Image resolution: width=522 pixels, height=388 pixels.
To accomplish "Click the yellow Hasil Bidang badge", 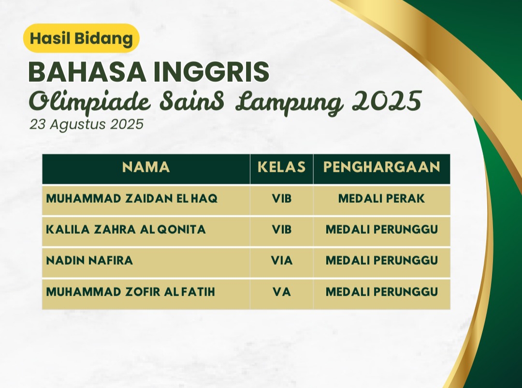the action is (x=81, y=38).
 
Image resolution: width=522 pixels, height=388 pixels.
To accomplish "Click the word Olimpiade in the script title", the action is (x=89, y=101).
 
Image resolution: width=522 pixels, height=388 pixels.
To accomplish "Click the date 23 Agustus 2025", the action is (x=87, y=124).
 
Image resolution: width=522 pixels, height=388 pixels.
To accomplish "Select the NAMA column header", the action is (x=146, y=167).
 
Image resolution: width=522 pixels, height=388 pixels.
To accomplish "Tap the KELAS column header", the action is (x=282, y=167).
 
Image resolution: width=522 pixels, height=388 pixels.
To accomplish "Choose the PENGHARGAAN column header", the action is (x=381, y=167).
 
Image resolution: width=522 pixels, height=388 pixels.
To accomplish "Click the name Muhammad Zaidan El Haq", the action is (x=132, y=199).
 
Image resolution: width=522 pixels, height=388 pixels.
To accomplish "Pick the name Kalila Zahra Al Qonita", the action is (x=126, y=229).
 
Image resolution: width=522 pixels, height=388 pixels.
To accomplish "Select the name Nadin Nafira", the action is (x=89, y=260).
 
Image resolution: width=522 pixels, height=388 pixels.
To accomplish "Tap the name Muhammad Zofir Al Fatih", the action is (x=130, y=292).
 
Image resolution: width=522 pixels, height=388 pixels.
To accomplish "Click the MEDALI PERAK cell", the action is (x=381, y=199).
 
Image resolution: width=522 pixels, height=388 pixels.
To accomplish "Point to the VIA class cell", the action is (x=282, y=260).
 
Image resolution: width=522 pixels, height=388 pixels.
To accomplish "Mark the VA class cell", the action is (x=282, y=292).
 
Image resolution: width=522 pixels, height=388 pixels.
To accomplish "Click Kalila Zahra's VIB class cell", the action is (x=282, y=229).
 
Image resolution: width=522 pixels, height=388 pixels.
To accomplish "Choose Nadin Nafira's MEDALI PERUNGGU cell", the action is (x=381, y=260).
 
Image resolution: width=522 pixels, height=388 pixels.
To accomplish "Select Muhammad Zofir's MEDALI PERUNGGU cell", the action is (x=381, y=292).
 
